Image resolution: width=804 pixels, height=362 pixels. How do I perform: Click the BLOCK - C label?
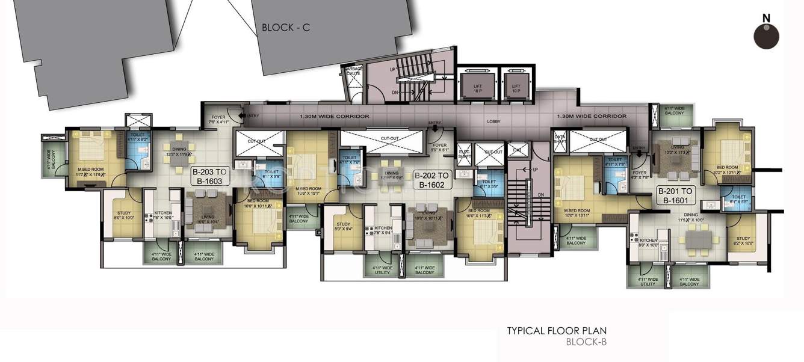click(285, 28)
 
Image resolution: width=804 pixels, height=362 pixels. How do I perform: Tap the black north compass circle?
click(766, 37)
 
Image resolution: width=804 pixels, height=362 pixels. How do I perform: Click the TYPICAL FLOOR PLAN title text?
click(557, 331)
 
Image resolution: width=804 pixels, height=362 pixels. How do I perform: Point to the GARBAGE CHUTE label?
click(353, 71)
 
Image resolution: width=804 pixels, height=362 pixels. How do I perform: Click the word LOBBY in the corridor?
click(493, 121)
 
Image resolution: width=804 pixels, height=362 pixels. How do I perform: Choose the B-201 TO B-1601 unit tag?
click(677, 195)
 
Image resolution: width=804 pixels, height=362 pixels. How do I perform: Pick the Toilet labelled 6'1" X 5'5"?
click(738, 199)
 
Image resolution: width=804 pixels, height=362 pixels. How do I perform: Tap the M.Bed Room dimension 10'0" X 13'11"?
click(576, 215)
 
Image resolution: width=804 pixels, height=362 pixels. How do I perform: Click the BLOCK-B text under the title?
click(586, 343)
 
